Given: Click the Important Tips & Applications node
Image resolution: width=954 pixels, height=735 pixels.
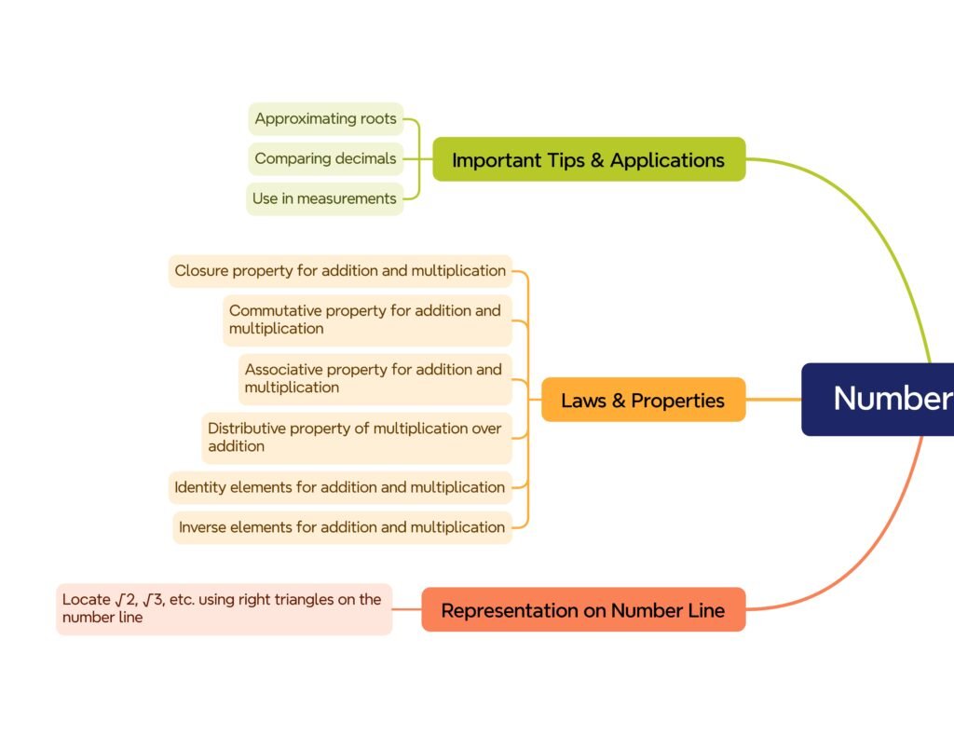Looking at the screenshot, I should pyautogui.click(x=589, y=159).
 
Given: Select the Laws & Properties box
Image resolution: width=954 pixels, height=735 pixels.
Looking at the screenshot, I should pyautogui.click(x=643, y=400).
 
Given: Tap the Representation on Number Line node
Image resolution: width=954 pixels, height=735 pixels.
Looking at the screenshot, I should pyautogui.click(x=583, y=610).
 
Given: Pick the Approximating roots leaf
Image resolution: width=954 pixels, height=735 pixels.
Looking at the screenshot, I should pyautogui.click(x=325, y=119).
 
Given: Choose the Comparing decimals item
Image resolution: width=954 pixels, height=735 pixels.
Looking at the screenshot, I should pyautogui.click(x=325, y=158).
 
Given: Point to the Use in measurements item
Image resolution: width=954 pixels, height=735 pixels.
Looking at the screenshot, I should pyautogui.click(x=324, y=198).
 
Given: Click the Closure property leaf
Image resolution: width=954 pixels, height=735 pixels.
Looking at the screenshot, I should pyautogui.click(x=340, y=271).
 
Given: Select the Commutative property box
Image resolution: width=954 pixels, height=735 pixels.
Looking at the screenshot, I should pyautogui.click(x=367, y=320).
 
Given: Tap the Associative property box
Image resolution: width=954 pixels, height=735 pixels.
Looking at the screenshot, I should pyautogui.click(x=375, y=378).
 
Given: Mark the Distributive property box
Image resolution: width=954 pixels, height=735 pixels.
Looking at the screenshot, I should pyautogui.click(x=357, y=437).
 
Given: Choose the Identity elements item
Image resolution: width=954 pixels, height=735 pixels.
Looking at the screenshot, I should pyautogui.click(x=340, y=487).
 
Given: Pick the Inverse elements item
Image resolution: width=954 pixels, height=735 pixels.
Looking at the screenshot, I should pyautogui.click(x=342, y=527).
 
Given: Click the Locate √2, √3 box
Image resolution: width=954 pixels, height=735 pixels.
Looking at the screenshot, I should pyautogui.click(x=224, y=608).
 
